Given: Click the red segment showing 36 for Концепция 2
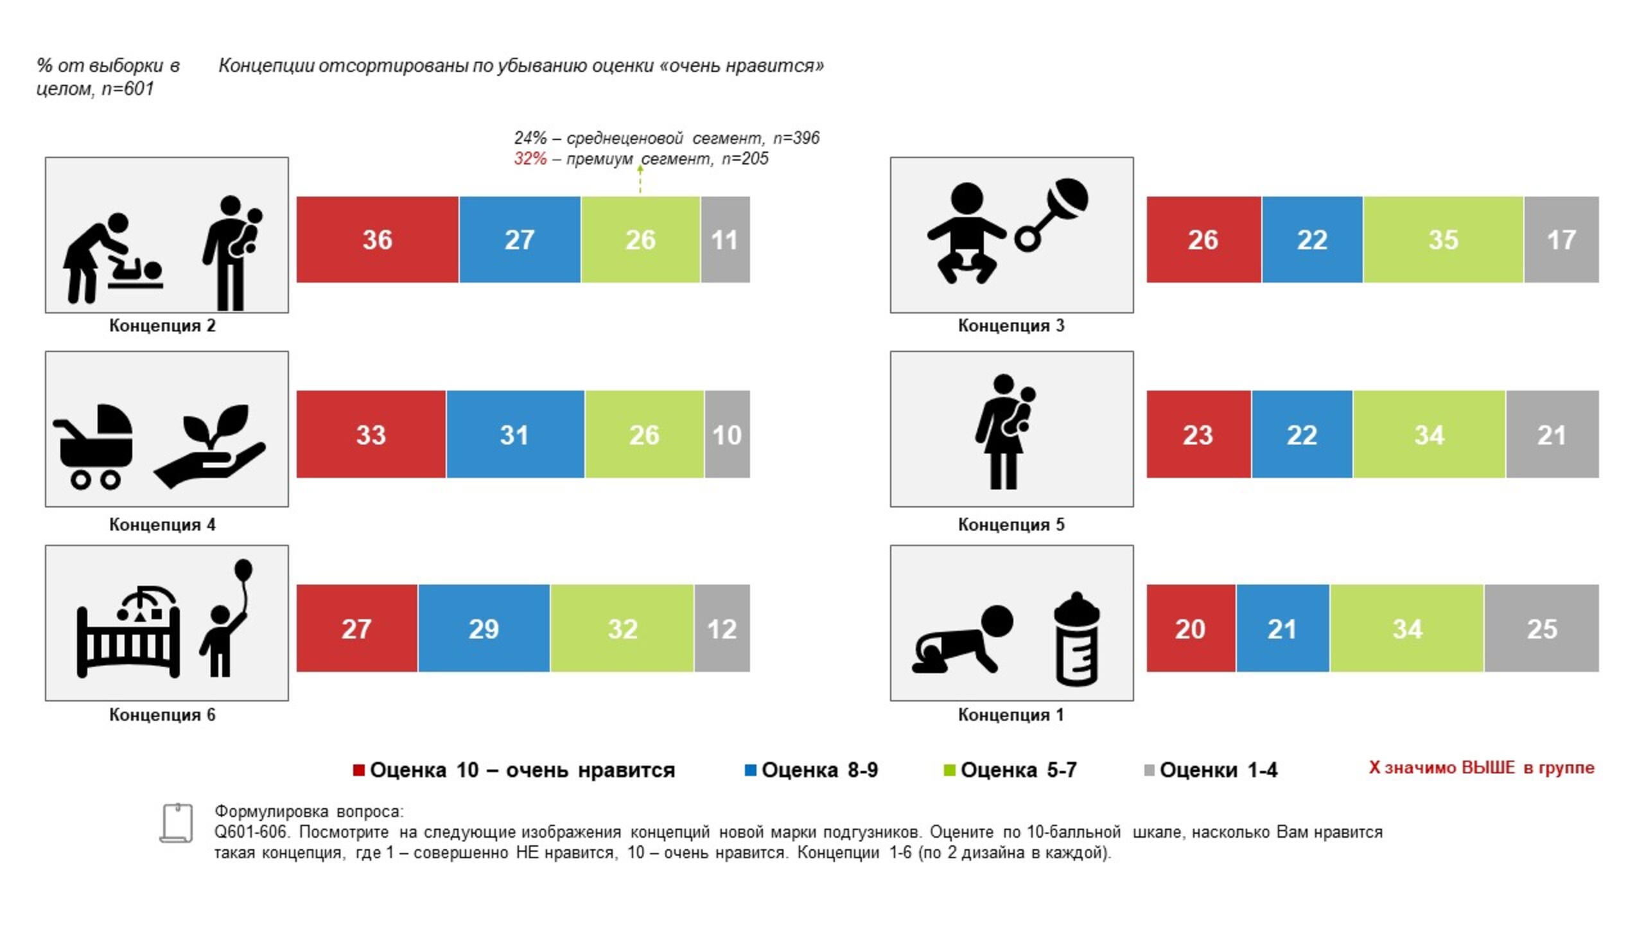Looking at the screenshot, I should [377, 240].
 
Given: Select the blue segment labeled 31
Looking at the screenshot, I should [514, 434].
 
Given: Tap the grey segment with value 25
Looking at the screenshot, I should [1541, 628].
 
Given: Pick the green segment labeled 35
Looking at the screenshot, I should [1443, 240].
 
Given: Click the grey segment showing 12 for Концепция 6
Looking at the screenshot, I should [722, 628].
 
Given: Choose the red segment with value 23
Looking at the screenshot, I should [1198, 434].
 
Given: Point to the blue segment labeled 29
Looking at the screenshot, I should [484, 628].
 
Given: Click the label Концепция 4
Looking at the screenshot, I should [162, 525].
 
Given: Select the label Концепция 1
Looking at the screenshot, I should [1011, 715].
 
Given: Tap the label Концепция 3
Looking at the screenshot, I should [1011, 326].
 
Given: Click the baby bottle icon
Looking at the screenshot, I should [1077, 639].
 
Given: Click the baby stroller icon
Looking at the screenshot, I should [94, 446].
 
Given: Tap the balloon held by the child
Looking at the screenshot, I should [243, 570].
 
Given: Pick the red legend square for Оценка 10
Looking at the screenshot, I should [359, 770].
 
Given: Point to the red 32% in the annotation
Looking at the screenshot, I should [530, 159].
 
